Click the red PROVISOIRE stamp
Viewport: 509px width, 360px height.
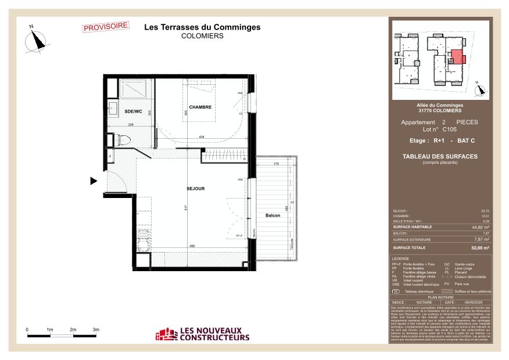coord(106,27)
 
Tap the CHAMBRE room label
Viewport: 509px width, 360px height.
coord(200,107)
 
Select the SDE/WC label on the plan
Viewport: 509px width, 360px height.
coord(133,111)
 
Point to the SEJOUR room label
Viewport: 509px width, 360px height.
coord(196,188)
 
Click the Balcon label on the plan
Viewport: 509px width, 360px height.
coord(273,215)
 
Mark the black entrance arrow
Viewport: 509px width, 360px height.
coord(94,181)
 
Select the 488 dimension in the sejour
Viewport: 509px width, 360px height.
coord(191,246)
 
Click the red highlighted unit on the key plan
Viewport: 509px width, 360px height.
coord(457,57)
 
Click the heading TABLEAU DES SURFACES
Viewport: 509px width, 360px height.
coord(440,156)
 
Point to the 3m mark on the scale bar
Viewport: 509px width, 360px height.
coord(96,329)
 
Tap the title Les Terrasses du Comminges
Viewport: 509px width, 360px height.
coord(202,27)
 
